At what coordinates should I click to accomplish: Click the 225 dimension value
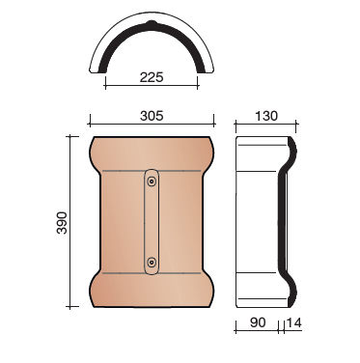point(152,77)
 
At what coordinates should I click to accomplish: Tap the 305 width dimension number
point(152,116)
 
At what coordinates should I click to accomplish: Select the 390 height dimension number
point(62,223)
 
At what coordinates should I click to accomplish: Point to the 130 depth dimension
point(266,116)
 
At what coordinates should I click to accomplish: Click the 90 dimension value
point(258,322)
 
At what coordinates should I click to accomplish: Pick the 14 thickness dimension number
point(293,322)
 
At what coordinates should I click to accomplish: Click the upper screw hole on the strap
point(152,181)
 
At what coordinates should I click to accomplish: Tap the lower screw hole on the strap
point(152,263)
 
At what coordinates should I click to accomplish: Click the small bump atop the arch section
point(152,23)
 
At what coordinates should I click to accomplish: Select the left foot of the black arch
point(102,70)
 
